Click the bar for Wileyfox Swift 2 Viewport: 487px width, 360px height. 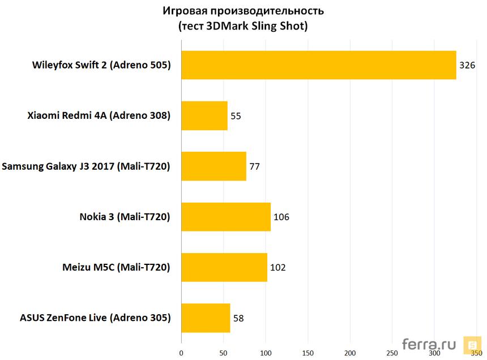click(319, 65)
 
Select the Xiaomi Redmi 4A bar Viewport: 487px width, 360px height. click(204, 115)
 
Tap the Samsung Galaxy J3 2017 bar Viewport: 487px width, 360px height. click(214, 166)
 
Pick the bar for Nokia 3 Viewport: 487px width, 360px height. click(226, 217)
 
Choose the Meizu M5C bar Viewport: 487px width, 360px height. click(224, 267)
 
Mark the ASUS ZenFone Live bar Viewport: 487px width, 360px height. click(206, 318)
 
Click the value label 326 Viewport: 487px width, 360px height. click(467, 65)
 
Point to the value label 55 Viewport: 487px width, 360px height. click(236, 115)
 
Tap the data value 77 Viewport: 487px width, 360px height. click(254, 166)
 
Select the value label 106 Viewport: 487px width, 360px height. click(281, 217)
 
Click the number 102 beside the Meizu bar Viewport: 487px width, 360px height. click(277, 267)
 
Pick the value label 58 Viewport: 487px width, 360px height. click(238, 318)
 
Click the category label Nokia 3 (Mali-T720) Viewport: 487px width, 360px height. click(125, 217)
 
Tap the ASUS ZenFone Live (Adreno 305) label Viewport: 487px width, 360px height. click(95, 318)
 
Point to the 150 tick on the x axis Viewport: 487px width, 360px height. click(307, 354)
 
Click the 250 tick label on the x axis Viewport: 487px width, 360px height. click(392, 354)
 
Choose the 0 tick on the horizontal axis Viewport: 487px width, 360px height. click(181, 354)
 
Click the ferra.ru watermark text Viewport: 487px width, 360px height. click(429, 344)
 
